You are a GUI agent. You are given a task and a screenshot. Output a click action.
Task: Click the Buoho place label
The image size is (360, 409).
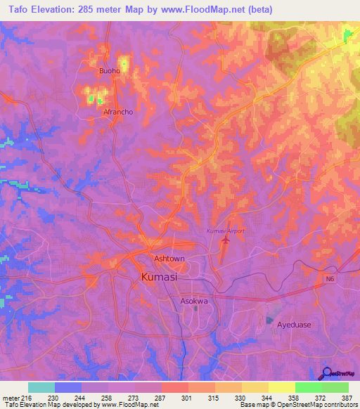(110, 71)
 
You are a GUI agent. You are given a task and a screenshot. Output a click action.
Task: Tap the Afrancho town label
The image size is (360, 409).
(118, 112)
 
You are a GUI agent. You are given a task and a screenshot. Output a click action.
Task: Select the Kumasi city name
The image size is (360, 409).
(159, 278)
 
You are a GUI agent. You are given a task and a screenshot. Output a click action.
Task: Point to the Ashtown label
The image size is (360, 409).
(169, 259)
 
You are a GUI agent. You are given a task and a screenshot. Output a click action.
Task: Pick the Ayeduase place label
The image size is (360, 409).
(294, 325)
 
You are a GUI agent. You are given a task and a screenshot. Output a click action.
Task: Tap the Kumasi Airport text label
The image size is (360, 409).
(224, 231)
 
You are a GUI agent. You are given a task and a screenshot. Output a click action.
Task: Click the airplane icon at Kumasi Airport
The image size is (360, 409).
(226, 242)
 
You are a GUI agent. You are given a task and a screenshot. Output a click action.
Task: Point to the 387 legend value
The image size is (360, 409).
(347, 397)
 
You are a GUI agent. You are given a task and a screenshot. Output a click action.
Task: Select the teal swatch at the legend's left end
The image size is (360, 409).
(41, 387)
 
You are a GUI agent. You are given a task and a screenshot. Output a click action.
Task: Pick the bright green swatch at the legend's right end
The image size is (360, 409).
(335, 387)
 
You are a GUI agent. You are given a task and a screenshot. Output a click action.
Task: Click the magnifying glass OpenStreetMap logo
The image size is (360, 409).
(326, 373)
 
